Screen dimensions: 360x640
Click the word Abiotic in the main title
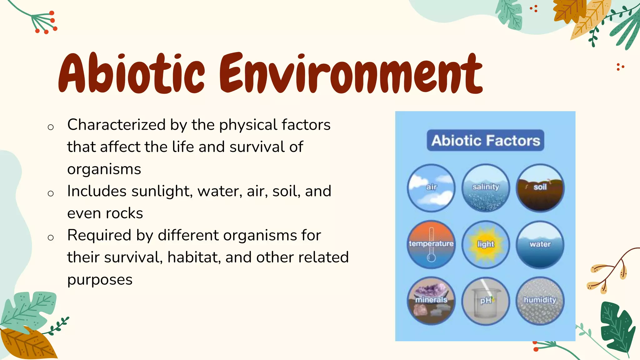coord(131,73)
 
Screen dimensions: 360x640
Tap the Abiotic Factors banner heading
coord(485,140)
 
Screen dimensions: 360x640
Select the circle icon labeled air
coord(431,187)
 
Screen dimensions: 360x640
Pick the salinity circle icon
coord(486,187)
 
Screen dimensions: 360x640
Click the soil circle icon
coord(540,187)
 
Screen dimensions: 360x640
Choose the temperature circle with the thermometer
coord(431,244)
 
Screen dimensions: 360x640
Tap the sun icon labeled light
coord(486,244)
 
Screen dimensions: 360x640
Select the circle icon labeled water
coord(540,244)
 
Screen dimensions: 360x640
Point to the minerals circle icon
coord(431,300)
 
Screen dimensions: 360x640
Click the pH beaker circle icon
coord(486,300)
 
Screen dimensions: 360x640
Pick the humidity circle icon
coord(540,300)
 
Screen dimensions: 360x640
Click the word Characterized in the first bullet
coord(116,125)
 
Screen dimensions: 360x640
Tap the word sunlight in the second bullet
coord(162,191)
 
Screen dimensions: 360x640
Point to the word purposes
coord(100,280)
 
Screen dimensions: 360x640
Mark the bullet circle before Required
coord(51,238)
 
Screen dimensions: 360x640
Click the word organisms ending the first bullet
coord(104,169)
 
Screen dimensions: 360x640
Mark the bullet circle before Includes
coord(51,193)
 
